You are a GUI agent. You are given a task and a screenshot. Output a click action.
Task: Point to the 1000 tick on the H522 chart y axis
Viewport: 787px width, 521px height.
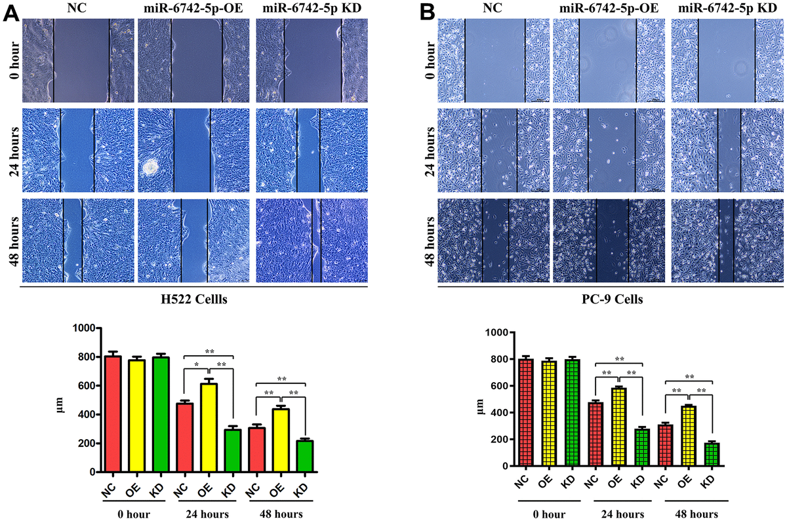[84, 328]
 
